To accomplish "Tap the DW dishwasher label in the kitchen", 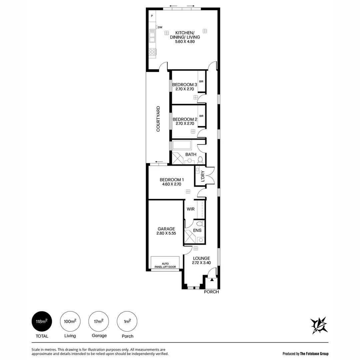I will (160, 27).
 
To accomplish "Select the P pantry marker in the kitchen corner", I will (152, 16).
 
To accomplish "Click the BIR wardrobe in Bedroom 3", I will (201, 81).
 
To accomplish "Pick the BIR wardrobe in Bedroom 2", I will (201, 116).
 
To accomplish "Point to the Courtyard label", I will (158, 119).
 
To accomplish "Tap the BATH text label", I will (191, 155).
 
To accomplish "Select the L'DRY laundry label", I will (202, 177).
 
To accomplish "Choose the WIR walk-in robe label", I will (190, 209).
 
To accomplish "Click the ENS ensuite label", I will (197, 230).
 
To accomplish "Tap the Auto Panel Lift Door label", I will (165, 265).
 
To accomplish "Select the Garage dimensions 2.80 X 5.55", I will (166, 234).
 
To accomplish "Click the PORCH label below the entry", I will (211, 292).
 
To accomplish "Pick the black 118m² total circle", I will (42, 321).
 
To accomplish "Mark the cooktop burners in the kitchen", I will (152, 52).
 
